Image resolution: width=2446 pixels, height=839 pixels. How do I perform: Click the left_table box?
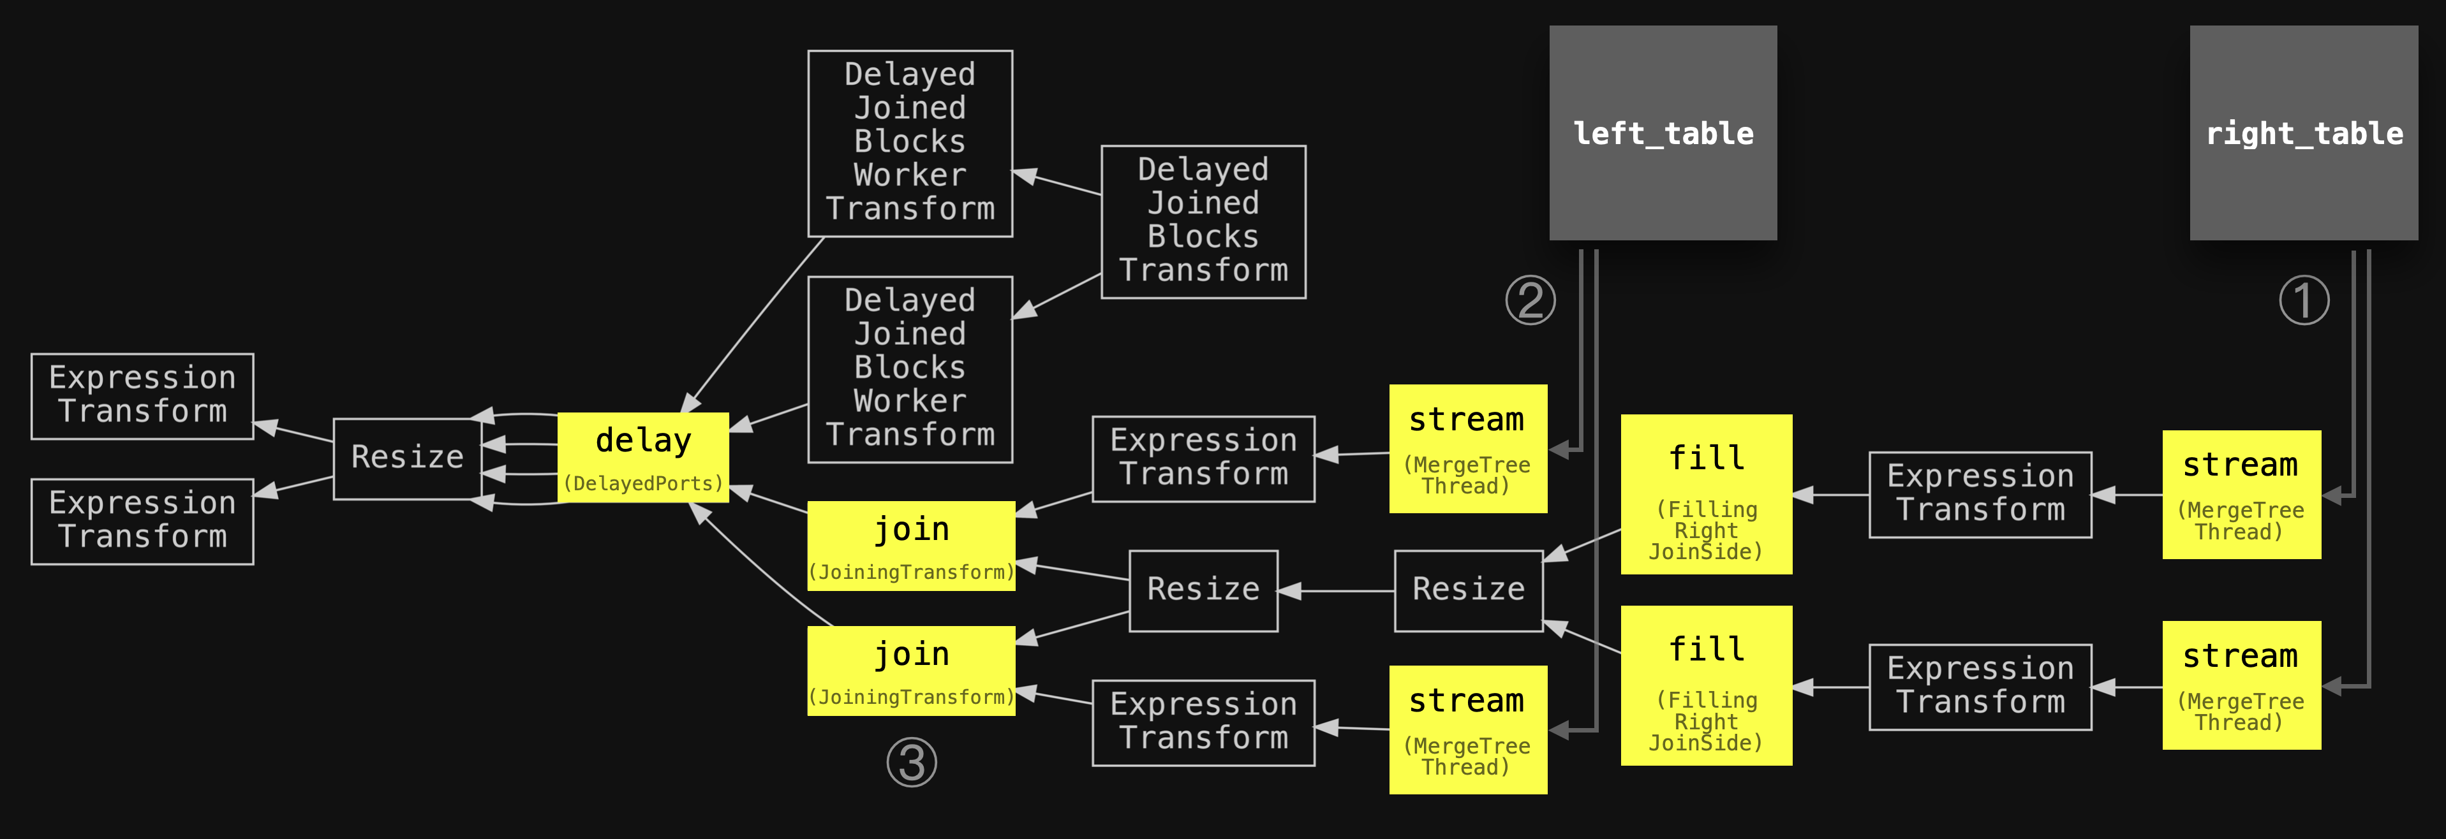click(x=1663, y=133)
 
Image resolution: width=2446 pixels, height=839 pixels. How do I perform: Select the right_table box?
click(x=2304, y=133)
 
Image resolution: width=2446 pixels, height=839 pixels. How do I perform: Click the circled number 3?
click(x=912, y=762)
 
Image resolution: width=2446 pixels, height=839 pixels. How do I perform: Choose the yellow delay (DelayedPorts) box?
click(x=643, y=458)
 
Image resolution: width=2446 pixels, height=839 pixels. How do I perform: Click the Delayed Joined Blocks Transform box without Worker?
click(x=1203, y=221)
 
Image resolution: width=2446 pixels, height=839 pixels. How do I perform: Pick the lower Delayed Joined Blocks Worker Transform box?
click(x=910, y=369)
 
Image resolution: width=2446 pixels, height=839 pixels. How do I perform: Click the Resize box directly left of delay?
click(x=408, y=458)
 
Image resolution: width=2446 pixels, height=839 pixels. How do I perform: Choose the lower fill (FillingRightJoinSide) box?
click(x=1707, y=685)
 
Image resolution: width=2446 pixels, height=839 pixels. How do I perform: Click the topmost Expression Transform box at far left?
click(x=142, y=396)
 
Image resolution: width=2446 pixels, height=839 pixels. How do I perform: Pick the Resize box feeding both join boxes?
click(x=1203, y=590)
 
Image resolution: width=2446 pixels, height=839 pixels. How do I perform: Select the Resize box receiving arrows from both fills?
click(x=1468, y=590)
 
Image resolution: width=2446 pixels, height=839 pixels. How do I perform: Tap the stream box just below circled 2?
click(x=1468, y=449)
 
